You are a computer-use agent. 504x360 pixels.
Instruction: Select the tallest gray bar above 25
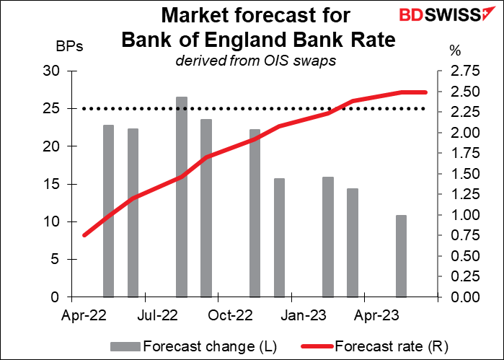[182, 197]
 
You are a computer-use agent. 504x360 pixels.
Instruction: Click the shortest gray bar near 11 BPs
[401, 256]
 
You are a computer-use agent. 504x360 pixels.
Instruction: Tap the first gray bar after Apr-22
[109, 211]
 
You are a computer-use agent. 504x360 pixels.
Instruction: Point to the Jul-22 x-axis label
[157, 315]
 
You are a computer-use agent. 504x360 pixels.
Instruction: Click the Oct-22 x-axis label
[230, 315]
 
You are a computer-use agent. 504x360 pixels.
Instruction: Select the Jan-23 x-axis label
[304, 315]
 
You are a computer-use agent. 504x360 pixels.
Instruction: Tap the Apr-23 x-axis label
[376, 315]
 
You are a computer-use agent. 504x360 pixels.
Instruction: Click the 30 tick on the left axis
[52, 71]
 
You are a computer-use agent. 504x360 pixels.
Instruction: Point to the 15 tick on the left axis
[52, 185]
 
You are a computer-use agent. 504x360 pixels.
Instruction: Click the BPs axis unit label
[69, 47]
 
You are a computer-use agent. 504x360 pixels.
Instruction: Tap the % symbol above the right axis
[455, 51]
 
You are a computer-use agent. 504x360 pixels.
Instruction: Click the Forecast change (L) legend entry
[193, 346]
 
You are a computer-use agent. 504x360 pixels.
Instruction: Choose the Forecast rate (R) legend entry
[375, 346]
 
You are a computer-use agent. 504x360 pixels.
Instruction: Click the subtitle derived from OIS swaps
[255, 61]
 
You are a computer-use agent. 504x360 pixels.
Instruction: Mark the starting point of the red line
[84, 235]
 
